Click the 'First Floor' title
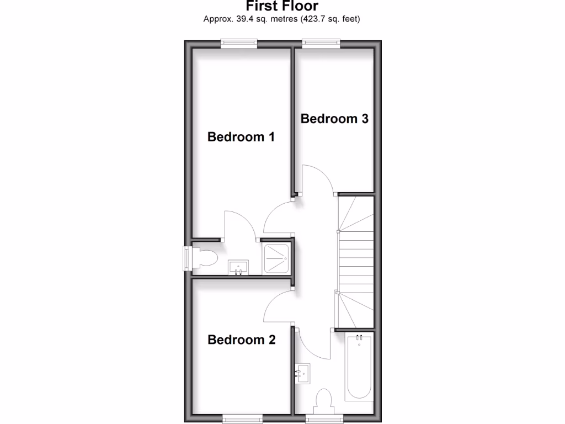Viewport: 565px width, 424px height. tap(282, 7)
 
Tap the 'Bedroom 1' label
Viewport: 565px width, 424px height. tap(241, 137)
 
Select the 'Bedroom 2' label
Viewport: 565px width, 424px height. tap(241, 340)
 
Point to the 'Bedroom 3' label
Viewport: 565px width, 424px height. tap(334, 119)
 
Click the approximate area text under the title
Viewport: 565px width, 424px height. tap(282, 19)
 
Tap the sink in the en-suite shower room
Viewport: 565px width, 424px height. tap(238, 267)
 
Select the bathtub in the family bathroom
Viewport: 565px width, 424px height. tap(359, 367)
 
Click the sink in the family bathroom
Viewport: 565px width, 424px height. tap(303, 373)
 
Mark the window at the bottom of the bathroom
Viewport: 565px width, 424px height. tap(324, 419)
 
